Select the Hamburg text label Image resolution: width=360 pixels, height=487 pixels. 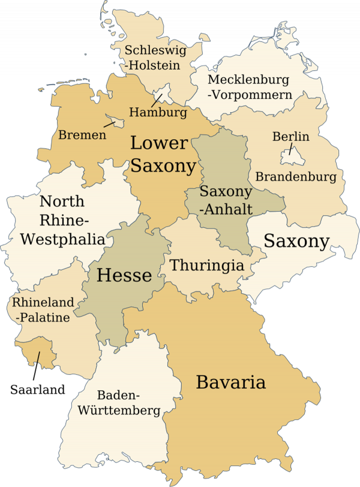point(158,112)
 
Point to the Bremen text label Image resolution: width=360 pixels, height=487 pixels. point(82,135)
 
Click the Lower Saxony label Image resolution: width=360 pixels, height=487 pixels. point(163,154)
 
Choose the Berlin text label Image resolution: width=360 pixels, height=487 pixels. point(291,137)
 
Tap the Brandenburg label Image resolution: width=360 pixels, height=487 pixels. point(296,177)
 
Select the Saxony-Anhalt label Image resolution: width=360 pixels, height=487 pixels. point(226,200)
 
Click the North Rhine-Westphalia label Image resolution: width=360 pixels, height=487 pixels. point(62,220)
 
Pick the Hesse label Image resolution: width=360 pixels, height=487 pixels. point(124,275)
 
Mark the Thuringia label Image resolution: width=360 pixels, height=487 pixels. point(207,265)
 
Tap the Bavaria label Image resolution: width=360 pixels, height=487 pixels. point(231,381)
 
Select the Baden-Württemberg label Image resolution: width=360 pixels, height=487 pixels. point(128,402)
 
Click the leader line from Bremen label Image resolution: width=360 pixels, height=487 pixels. point(109,124)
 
